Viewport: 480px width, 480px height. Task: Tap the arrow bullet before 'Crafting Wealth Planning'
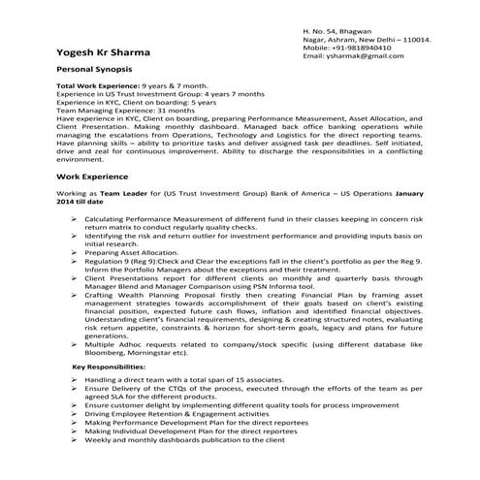pos(76,295)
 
